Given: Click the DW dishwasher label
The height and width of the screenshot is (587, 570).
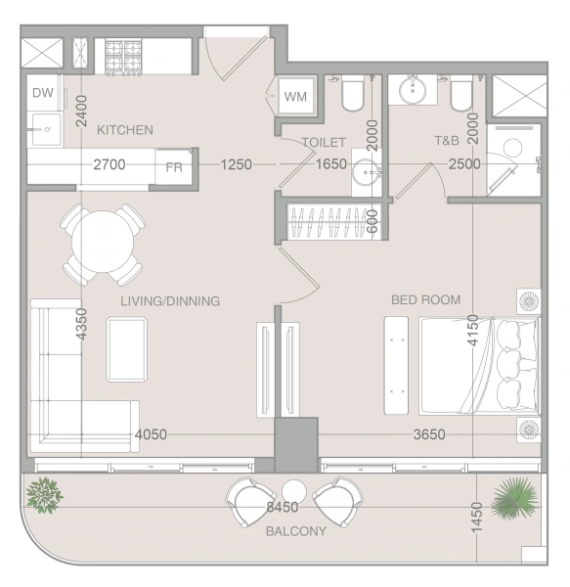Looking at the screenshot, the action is click(x=43, y=93).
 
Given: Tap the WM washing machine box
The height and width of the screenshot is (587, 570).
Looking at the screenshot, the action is click(x=296, y=96).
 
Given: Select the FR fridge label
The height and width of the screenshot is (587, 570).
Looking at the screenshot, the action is click(x=174, y=167).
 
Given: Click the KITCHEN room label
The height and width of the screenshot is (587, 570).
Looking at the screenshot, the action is click(x=125, y=130).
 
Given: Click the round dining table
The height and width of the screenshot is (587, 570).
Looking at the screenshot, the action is click(x=103, y=242).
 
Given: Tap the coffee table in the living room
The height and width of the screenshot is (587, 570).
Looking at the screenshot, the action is click(x=127, y=349).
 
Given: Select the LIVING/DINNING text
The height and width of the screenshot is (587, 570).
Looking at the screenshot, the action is click(x=170, y=301).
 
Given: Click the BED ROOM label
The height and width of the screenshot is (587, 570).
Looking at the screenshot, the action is click(x=425, y=300).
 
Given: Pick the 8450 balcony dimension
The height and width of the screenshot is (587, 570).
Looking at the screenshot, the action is click(x=283, y=507).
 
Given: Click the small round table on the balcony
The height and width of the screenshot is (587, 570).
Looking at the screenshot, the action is click(x=294, y=491).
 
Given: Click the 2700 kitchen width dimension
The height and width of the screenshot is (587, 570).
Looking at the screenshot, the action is click(x=110, y=164).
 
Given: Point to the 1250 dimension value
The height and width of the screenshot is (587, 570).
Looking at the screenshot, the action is click(x=236, y=164).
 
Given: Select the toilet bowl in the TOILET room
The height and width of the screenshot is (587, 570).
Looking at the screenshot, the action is click(x=353, y=94).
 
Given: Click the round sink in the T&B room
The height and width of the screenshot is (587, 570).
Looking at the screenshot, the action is click(x=413, y=90).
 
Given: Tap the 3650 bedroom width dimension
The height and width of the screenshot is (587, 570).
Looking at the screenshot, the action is click(x=429, y=434).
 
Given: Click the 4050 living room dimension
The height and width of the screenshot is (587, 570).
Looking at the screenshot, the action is click(x=151, y=434).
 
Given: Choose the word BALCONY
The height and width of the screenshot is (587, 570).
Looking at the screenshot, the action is click(x=296, y=531).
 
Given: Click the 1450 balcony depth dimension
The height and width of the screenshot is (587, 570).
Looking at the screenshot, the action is click(x=476, y=517).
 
